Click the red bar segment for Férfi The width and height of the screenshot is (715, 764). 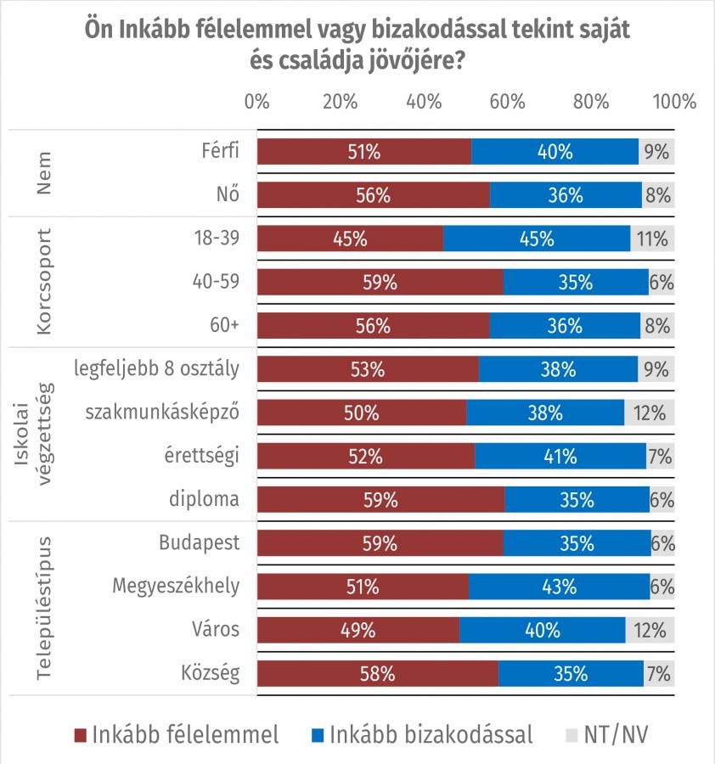click(363, 152)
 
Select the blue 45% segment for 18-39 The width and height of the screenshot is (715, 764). click(537, 239)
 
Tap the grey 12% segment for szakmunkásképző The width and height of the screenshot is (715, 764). click(650, 413)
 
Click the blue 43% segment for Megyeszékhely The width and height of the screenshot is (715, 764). click(559, 586)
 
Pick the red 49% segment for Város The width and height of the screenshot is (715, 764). click(357, 630)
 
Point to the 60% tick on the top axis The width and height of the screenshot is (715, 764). click(507, 101)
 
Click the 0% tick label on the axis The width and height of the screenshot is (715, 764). click(256, 101)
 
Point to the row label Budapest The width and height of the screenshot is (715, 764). click(200, 542)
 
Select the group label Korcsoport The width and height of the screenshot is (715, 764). click(44, 282)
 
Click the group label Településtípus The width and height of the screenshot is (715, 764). click(44, 608)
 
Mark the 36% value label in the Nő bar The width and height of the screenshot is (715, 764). click(566, 195)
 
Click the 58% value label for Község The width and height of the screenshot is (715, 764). click(377, 674)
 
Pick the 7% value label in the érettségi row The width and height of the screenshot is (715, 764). click(660, 456)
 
